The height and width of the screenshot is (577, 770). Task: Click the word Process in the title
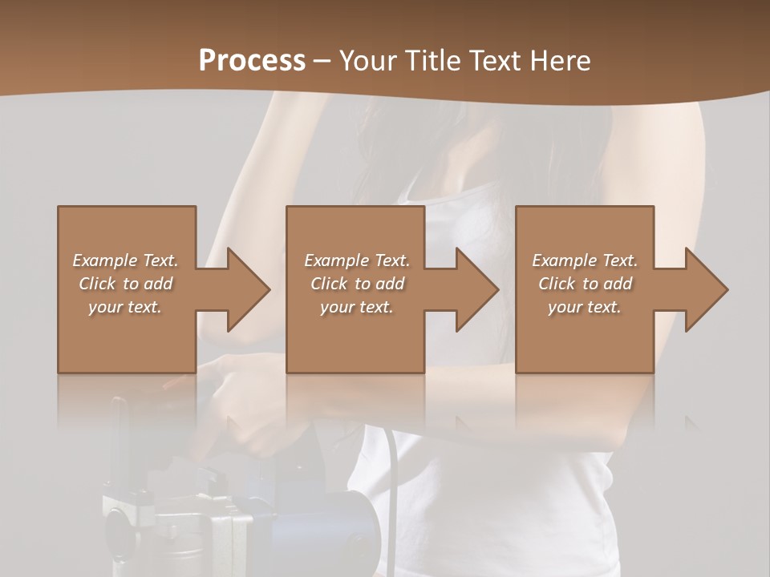(252, 60)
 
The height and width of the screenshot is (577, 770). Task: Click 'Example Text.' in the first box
(126, 260)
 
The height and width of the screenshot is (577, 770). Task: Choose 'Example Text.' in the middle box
(357, 260)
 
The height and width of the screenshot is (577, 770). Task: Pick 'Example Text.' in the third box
(585, 260)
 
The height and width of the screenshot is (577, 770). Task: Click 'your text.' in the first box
(126, 307)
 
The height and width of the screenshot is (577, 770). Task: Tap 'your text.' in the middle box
(357, 307)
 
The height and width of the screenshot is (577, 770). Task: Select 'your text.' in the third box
(585, 307)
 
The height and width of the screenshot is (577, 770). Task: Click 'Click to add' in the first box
(126, 284)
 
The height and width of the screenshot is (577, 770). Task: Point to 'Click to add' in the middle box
(357, 284)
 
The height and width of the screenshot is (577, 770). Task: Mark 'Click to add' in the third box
(585, 284)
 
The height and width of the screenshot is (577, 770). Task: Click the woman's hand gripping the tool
(241, 401)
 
